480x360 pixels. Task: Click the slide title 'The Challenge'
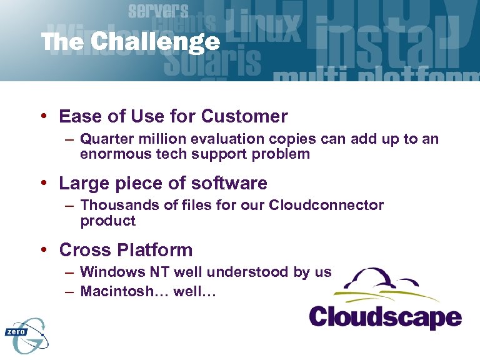coord(131,42)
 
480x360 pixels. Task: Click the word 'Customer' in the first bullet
coord(246,116)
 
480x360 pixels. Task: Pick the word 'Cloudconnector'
coord(326,205)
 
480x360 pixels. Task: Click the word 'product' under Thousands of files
coord(107,221)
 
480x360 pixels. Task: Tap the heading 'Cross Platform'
coord(126,250)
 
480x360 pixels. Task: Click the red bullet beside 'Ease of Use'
coord(44,116)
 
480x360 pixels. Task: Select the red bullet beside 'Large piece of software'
coord(44,183)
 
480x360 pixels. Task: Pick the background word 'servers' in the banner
coord(158,10)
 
